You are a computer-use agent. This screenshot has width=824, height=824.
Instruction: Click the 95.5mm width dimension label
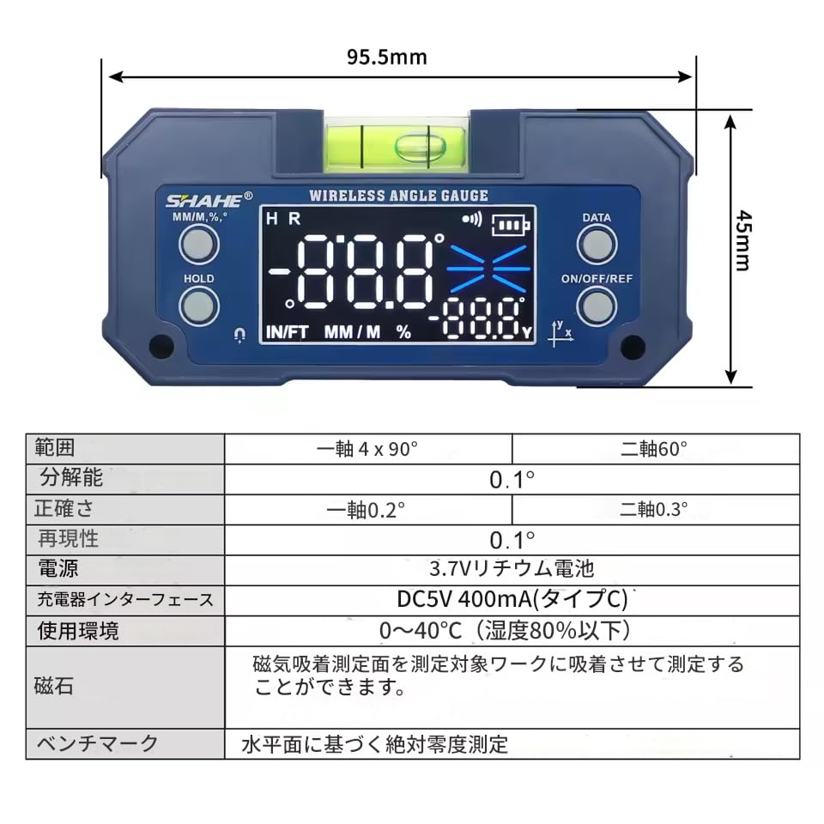tap(386, 58)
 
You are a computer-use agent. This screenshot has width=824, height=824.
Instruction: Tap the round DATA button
tap(597, 245)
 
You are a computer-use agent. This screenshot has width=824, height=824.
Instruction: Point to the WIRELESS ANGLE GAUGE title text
tap(398, 196)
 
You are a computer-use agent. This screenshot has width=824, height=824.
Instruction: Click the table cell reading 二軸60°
tap(655, 448)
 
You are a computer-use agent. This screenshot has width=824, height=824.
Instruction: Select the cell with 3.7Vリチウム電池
tap(512, 568)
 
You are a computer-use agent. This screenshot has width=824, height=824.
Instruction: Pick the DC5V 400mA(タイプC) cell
tap(512, 598)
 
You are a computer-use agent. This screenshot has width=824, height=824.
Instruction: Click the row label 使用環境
tap(78, 631)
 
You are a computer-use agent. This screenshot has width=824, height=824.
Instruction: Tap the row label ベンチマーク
tap(96, 742)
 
